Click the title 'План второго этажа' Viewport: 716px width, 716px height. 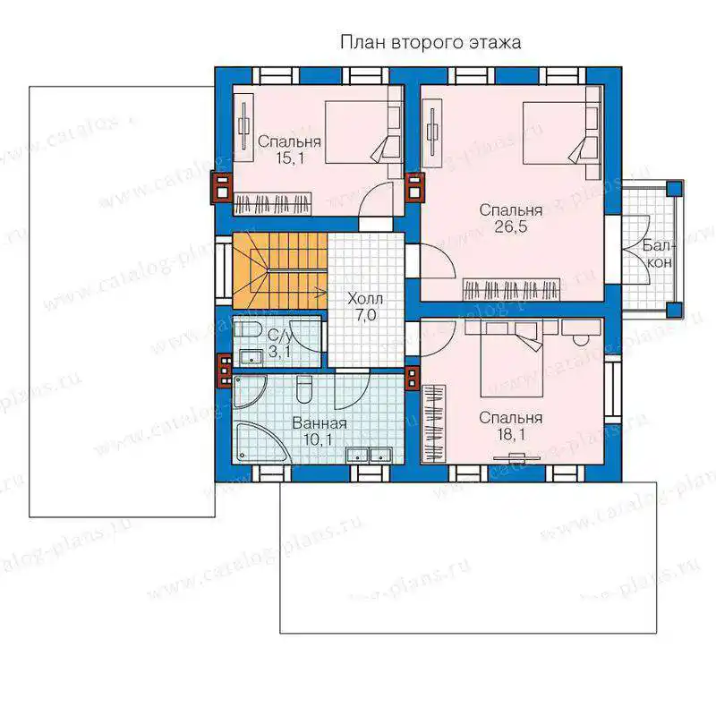[430, 42]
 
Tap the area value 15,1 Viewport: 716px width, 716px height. [289, 158]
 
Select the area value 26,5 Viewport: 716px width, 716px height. [510, 226]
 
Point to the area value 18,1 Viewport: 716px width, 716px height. [511, 434]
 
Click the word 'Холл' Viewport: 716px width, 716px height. [365, 299]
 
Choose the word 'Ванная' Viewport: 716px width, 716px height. [320, 423]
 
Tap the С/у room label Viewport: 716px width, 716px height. [279, 337]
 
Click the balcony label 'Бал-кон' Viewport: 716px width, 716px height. [658, 254]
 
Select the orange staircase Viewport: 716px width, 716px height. [280, 270]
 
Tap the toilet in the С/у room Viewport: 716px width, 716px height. [249, 329]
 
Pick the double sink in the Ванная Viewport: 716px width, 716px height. [369, 455]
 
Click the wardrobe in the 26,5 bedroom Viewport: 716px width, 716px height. [511, 289]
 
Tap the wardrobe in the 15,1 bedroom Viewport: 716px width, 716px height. [273, 204]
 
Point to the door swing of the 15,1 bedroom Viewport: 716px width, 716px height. [376, 200]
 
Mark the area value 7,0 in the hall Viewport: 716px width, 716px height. [365, 315]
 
